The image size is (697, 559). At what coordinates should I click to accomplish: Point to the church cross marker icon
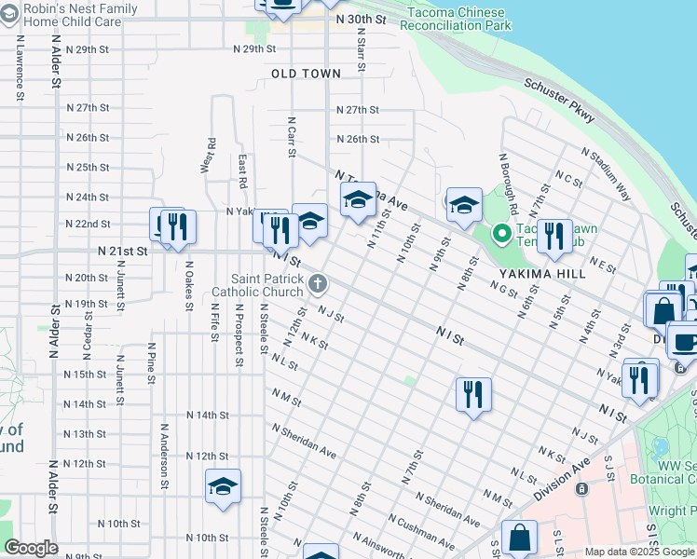pos(318,282)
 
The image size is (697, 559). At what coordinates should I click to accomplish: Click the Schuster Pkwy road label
pos(559,100)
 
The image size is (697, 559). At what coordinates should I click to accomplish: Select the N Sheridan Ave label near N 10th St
pos(304,441)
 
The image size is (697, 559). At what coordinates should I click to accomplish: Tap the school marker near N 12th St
pos(222,486)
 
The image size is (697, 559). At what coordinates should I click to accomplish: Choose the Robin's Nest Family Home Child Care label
pos(80,15)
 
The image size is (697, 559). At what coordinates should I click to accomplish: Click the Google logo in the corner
pos(30,548)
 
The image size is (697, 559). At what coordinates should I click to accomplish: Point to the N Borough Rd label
pos(509,183)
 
